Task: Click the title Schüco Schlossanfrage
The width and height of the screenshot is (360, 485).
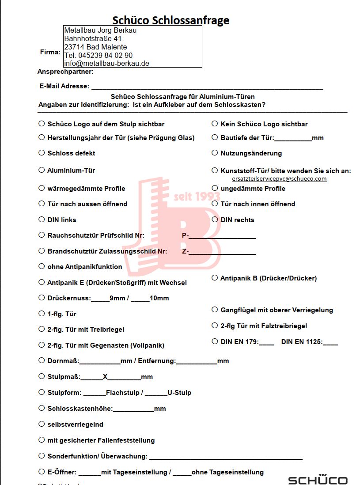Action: [171, 20]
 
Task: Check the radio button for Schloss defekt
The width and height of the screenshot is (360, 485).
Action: [42, 153]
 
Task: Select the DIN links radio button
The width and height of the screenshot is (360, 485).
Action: [42, 220]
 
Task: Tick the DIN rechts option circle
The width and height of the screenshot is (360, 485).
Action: [215, 220]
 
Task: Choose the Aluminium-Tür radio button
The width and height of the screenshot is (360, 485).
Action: [42, 170]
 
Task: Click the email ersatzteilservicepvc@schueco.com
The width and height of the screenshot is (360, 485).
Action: [279, 179]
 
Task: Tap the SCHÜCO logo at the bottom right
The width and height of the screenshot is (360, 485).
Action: [318, 480]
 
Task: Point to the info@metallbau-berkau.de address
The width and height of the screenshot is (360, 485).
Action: [106, 63]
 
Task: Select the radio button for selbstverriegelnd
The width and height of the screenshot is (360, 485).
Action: [42, 424]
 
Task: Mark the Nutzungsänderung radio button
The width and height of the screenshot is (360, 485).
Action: [215, 153]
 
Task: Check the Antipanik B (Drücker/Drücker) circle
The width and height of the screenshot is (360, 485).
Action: [215, 278]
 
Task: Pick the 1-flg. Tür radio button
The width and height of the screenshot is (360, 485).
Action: [42, 314]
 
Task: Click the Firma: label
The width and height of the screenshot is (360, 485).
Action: [50, 52]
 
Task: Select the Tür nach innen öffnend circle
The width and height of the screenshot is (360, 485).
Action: [215, 204]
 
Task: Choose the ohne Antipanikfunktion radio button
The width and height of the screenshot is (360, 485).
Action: [42, 266]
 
